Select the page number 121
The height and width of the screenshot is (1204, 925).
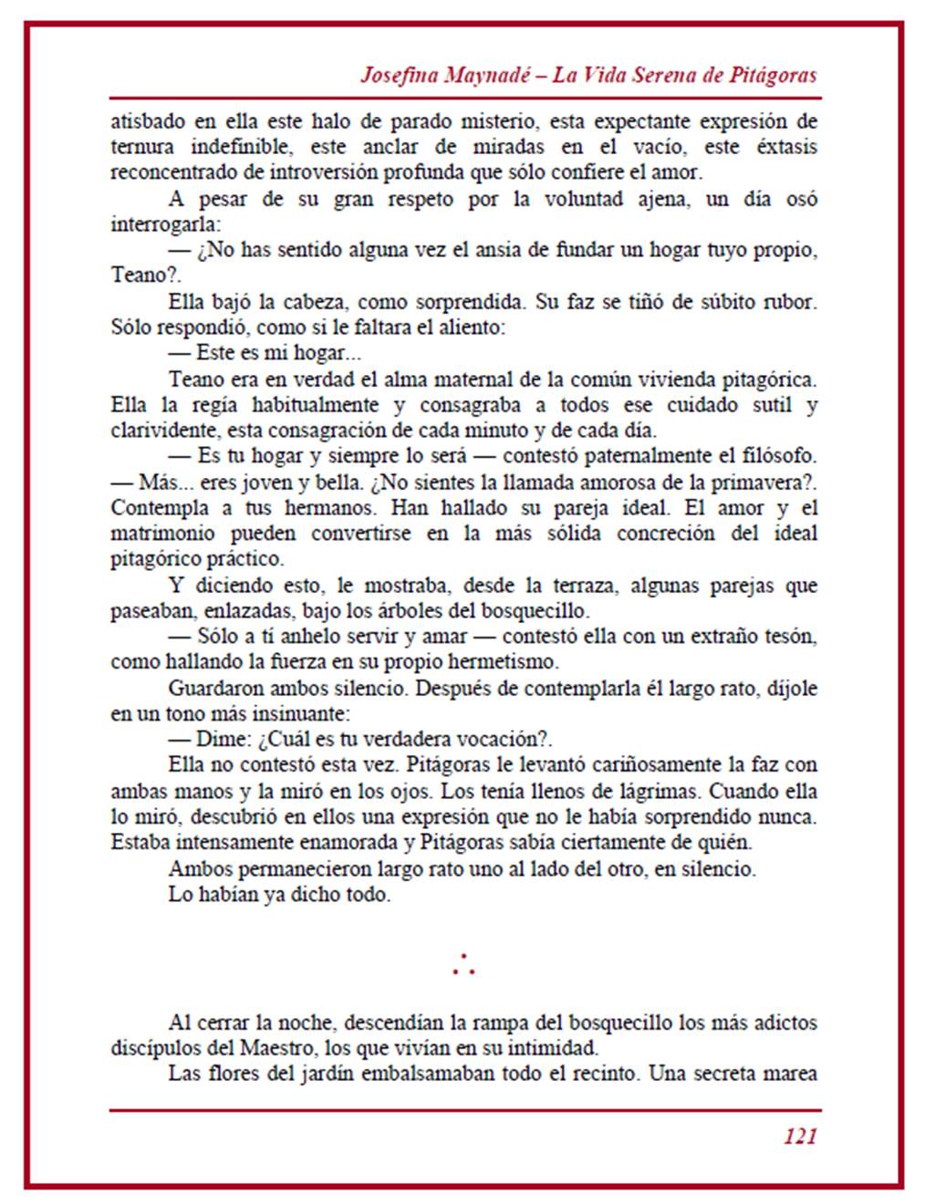[x=799, y=1136]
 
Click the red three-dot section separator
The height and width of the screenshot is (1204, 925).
[x=463, y=965]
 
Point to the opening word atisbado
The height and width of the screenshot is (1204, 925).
[x=148, y=121]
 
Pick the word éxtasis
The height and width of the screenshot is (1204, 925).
[x=786, y=147]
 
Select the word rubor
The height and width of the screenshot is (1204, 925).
[x=786, y=302]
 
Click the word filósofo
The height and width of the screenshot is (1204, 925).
[x=782, y=456]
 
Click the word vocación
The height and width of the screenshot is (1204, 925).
[x=494, y=740]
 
